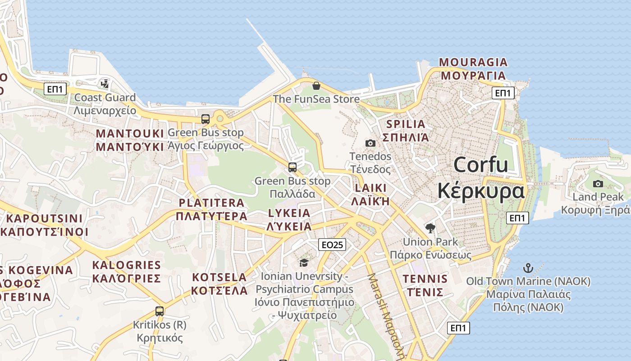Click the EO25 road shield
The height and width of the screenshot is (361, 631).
click(x=332, y=245)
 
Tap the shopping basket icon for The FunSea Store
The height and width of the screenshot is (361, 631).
click(x=316, y=85)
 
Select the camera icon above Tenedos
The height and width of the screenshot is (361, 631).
click(x=370, y=143)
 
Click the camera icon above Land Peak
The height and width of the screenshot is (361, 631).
click(x=598, y=184)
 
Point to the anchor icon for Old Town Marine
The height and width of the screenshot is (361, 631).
click(x=528, y=268)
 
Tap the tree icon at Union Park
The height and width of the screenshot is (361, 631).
click(x=430, y=228)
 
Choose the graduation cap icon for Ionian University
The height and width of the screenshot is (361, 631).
click(x=304, y=263)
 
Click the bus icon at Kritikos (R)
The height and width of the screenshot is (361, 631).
click(x=160, y=311)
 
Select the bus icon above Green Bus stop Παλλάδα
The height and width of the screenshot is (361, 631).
click(x=293, y=167)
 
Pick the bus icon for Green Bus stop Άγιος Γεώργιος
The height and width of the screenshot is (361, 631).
click(x=206, y=119)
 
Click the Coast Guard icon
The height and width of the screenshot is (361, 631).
click(x=105, y=84)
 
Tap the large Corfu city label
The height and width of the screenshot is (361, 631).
click(x=481, y=177)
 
